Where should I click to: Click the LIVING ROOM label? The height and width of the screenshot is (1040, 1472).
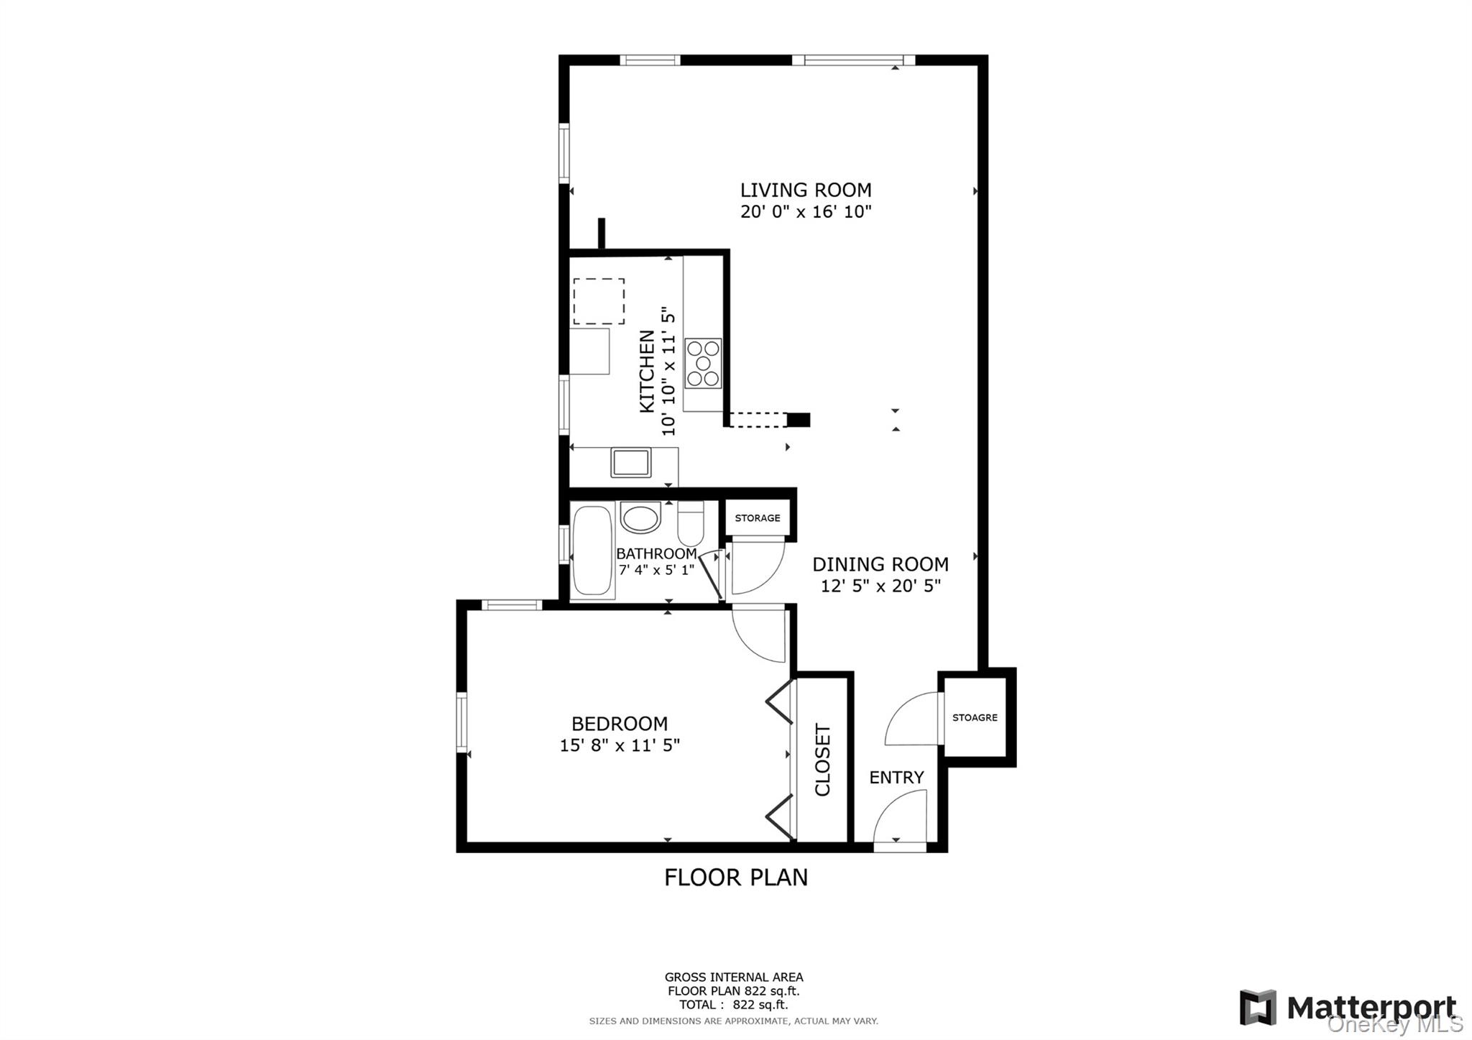[806, 190]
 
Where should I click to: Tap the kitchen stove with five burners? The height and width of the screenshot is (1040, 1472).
[703, 364]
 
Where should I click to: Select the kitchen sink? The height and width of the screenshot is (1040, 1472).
[630, 462]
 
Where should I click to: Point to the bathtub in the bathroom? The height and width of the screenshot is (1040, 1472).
[593, 550]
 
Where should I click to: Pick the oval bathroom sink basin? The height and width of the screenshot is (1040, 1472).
[640, 517]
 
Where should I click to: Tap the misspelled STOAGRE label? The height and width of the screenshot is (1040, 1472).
[975, 717]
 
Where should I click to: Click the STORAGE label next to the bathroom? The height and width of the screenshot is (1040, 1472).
[757, 518]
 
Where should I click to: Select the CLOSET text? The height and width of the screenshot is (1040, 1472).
[823, 760]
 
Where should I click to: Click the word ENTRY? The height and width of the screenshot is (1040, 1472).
[896, 777]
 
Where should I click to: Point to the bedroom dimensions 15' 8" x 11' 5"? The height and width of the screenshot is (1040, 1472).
[620, 745]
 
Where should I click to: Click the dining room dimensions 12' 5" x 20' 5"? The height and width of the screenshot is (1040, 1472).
[880, 586]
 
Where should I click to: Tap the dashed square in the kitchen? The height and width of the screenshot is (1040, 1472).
[599, 301]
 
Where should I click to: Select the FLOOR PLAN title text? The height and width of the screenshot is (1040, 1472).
[735, 878]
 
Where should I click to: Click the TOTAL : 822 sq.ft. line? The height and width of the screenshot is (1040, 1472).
[733, 1005]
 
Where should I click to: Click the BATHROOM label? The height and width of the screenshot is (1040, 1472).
[655, 554]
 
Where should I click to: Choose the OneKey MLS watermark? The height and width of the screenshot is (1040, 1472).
[1394, 1024]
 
